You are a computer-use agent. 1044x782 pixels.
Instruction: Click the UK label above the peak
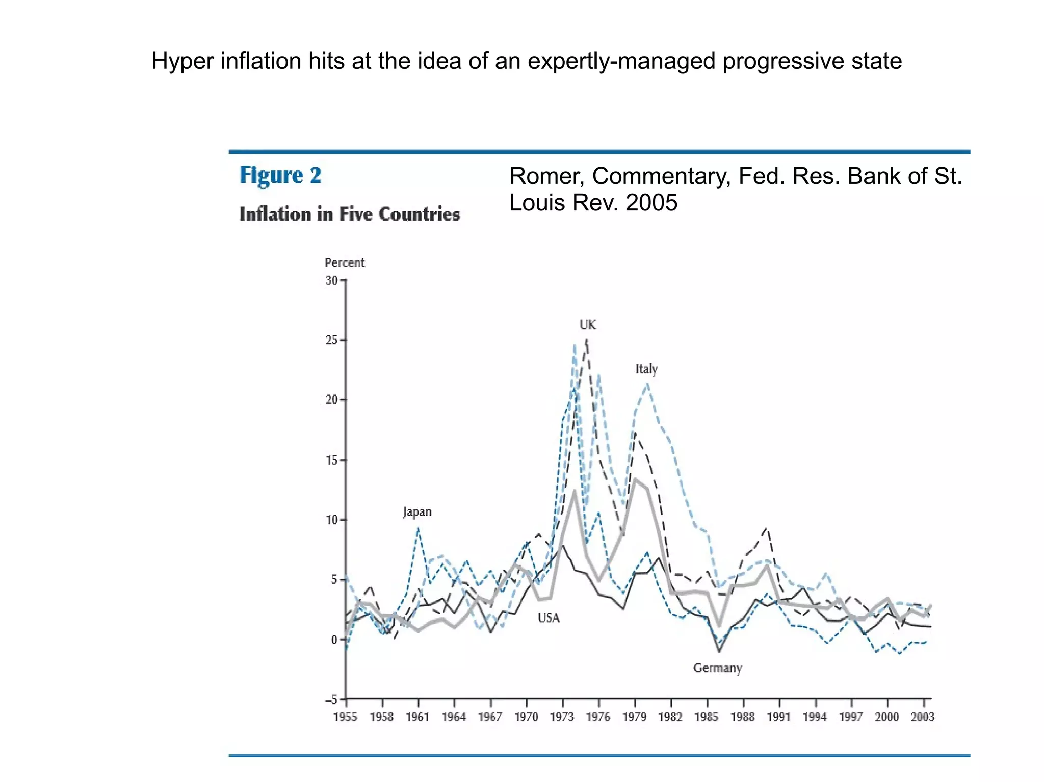pyautogui.click(x=587, y=325)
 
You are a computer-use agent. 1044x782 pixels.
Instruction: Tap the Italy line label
pyautogui.click(x=646, y=369)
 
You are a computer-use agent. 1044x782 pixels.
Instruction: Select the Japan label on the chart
pyautogui.click(x=417, y=511)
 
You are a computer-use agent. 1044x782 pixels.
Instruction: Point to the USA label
pyautogui.click(x=549, y=618)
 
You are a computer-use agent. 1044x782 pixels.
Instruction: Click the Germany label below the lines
pyautogui.click(x=717, y=668)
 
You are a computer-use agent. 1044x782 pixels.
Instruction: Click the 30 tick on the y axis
pyautogui.click(x=332, y=280)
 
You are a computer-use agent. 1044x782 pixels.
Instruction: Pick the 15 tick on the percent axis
pyautogui.click(x=332, y=460)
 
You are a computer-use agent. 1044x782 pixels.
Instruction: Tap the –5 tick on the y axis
pyautogui.click(x=331, y=699)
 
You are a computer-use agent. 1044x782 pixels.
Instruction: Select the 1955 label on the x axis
pyautogui.click(x=345, y=717)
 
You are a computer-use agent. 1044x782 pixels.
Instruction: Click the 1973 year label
pyautogui.click(x=562, y=717)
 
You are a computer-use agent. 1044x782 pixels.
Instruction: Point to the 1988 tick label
pyautogui.click(x=742, y=717)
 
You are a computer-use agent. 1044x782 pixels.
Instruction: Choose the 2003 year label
pyautogui.click(x=922, y=717)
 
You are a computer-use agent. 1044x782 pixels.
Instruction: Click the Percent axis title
pyautogui.click(x=345, y=263)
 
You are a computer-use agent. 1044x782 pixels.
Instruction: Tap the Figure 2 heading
pyautogui.click(x=280, y=175)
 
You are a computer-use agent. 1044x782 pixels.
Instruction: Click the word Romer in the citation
pyautogui.click(x=546, y=176)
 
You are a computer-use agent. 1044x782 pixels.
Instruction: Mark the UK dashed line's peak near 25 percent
pyautogui.click(x=587, y=340)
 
